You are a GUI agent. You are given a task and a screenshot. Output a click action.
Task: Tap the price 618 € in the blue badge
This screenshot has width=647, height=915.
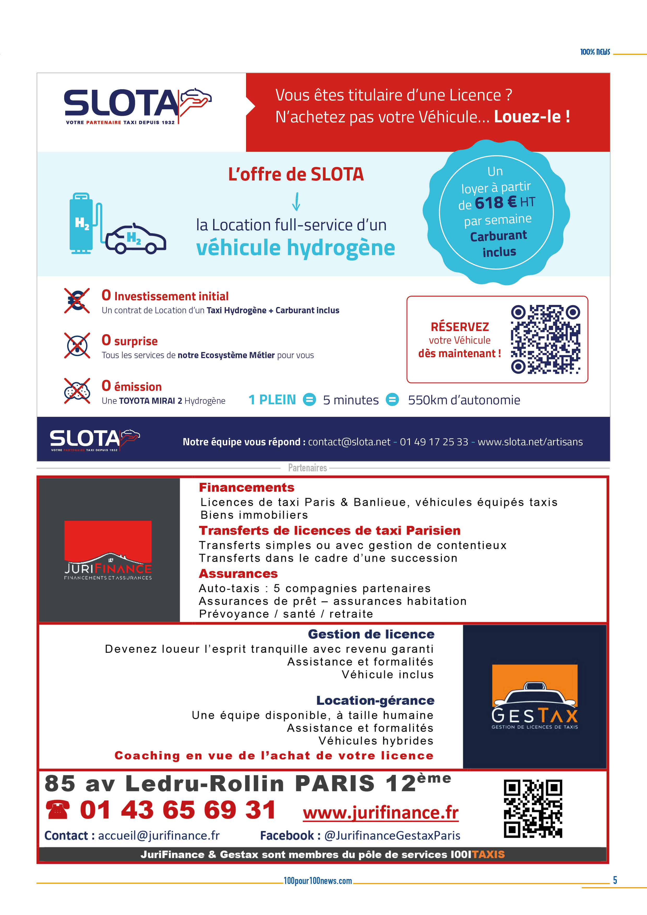coord(495,203)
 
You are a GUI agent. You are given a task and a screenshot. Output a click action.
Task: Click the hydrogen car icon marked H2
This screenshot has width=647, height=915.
coord(136,239)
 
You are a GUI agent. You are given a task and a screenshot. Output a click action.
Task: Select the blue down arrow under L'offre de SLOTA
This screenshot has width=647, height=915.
coord(296,202)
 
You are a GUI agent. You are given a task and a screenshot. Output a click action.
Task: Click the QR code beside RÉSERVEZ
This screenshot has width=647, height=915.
coord(545,340)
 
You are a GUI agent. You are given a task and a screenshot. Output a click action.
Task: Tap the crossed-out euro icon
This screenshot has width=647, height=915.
coord(77,300)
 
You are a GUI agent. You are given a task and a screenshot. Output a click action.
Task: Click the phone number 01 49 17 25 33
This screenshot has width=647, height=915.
coord(434,442)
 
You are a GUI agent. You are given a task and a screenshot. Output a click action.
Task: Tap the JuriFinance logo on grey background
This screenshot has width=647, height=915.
coord(108,550)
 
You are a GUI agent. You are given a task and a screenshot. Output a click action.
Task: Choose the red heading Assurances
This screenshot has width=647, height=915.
coord(238,574)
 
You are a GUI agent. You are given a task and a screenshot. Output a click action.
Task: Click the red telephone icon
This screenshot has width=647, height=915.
coord(57,810)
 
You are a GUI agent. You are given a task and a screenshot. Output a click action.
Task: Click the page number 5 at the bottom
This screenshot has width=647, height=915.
coord(615,880)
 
